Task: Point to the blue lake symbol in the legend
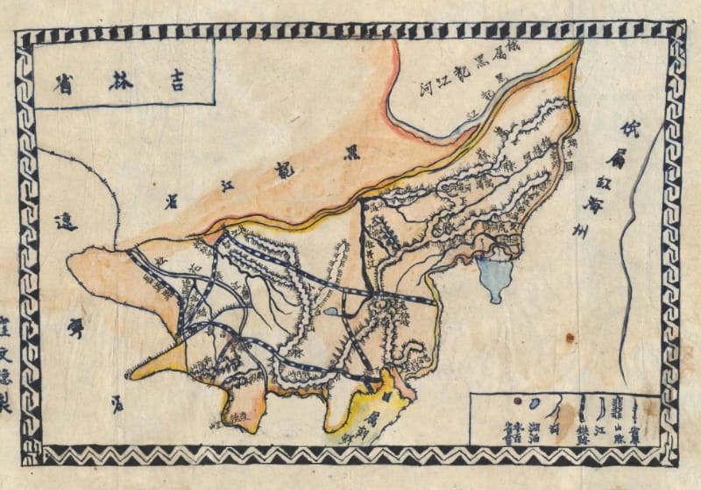[x=535, y=404]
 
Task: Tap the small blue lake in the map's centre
[x=330, y=311]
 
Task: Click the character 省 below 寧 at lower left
[x=117, y=404]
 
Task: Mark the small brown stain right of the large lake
[x=570, y=337]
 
